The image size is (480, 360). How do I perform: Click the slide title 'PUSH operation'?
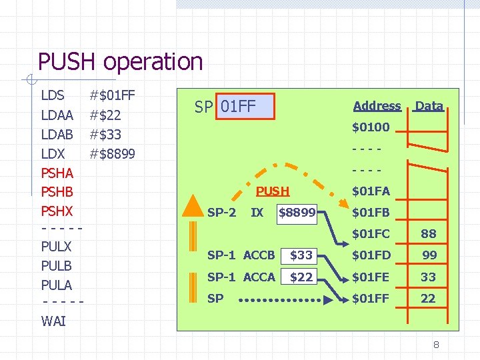(x=120, y=62)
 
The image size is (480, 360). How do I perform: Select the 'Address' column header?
(x=377, y=106)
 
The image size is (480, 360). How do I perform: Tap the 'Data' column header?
(x=429, y=106)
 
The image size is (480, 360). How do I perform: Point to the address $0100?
(x=371, y=127)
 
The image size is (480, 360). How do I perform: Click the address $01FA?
(x=371, y=191)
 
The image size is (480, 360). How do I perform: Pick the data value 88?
(x=428, y=234)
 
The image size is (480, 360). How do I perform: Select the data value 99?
(x=428, y=255)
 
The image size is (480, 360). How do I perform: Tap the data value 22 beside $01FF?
(x=428, y=299)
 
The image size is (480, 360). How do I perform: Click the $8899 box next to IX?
(x=297, y=213)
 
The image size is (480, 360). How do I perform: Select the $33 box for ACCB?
(x=301, y=255)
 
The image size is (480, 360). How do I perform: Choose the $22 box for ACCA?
(x=301, y=277)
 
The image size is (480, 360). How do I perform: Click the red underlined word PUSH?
(x=273, y=191)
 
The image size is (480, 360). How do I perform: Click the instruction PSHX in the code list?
(x=57, y=211)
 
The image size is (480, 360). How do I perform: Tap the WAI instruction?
(x=53, y=321)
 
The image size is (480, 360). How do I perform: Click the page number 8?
(x=435, y=345)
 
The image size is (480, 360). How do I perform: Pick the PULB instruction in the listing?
(x=56, y=265)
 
